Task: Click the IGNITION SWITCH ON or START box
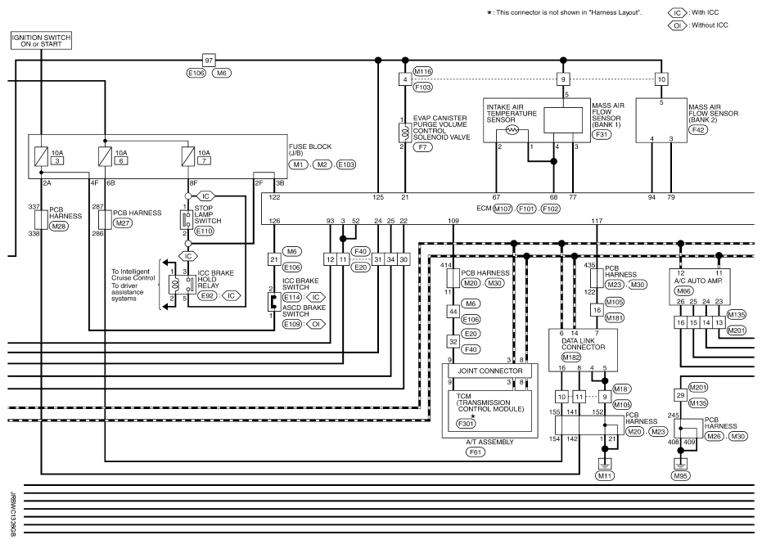coord(42,41)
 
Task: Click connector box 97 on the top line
coord(209,61)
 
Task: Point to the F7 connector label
coord(422,146)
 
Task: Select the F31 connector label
coord(602,134)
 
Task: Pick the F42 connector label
coord(698,130)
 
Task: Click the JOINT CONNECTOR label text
coord(490,371)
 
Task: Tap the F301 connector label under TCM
coord(467,424)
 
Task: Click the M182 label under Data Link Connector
coord(571,357)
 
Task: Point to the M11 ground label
coord(605,476)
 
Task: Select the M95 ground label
coord(681,476)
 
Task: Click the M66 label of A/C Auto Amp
coord(683,291)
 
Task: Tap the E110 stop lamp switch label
coord(204,232)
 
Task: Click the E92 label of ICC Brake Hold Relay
coord(208,295)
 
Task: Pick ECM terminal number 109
coord(453,221)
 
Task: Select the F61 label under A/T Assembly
coord(476,452)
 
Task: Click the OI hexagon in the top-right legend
coord(678,25)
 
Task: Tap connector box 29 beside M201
coord(680,395)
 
